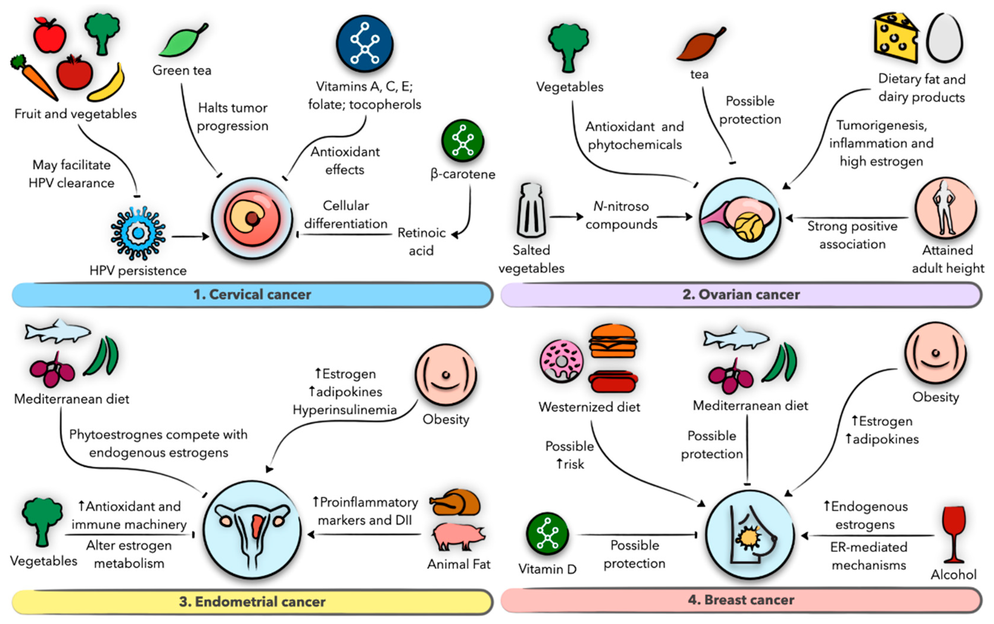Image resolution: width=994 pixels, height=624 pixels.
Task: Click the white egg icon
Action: (944, 38)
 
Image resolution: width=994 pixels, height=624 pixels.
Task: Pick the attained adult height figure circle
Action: (946, 208)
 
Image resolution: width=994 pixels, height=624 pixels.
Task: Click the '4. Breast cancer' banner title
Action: (741, 600)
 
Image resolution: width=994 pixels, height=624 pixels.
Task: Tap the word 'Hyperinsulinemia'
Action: (345, 410)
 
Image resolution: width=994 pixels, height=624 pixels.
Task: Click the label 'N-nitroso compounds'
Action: (621, 215)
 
